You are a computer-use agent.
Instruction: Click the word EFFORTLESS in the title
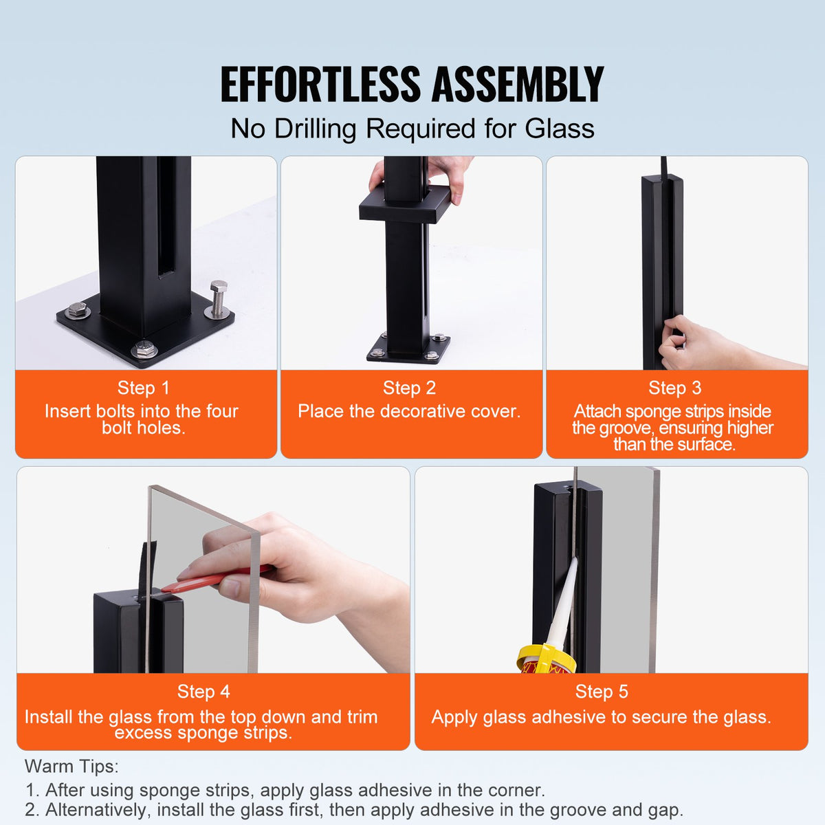click(x=320, y=85)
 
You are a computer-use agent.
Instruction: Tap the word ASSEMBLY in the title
click(x=517, y=85)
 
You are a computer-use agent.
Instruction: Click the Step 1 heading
click(x=143, y=388)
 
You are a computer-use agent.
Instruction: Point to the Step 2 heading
click(x=409, y=388)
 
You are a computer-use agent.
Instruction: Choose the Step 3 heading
click(x=674, y=388)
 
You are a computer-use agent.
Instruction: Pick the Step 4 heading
click(x=203, y=691)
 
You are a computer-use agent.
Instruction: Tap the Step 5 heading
click(x=602, y=691)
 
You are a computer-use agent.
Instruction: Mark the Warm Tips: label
click(x=71, y=766)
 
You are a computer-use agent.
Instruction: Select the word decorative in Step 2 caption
click(x=423, y=411)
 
